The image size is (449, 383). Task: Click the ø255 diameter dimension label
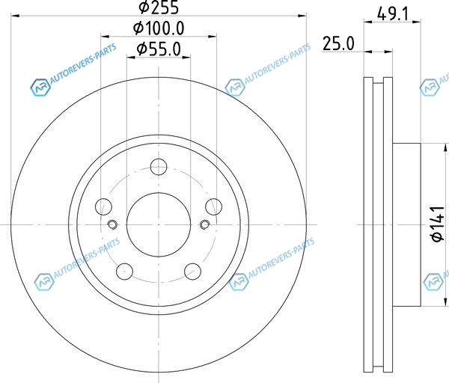click(159, 7)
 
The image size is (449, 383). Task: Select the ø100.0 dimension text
click(159, 28)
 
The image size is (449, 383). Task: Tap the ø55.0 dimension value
click(159, 49)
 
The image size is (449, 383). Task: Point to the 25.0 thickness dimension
click(338, 44)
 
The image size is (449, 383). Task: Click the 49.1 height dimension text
click(393, 13)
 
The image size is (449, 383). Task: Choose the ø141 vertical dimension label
click(438, 224)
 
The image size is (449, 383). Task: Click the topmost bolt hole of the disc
click(159, 167)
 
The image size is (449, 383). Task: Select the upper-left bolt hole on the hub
click(103, 206)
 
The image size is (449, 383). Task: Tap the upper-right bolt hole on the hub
click(213, 206)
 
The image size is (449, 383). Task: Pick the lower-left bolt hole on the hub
click(124, 272)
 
